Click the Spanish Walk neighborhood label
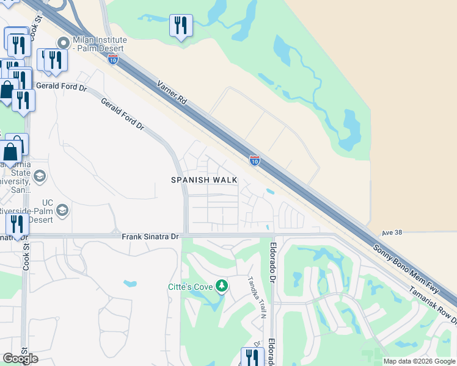(x=204, y=180)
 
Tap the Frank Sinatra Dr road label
(x=150, y=236)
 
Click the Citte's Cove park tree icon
(x=223, y=285)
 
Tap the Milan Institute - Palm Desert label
(x=100, y=44)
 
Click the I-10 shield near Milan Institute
(x=112, y=59)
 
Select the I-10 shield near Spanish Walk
(x=255, y=160)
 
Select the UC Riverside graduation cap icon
(x=62, y=210)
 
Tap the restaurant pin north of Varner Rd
(x=180, y=26)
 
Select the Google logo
(x=20, y=359)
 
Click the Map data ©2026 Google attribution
(x=419, y=361)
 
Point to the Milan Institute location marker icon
(x=62, y=43)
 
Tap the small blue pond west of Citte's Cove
(x=130, y=283)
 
